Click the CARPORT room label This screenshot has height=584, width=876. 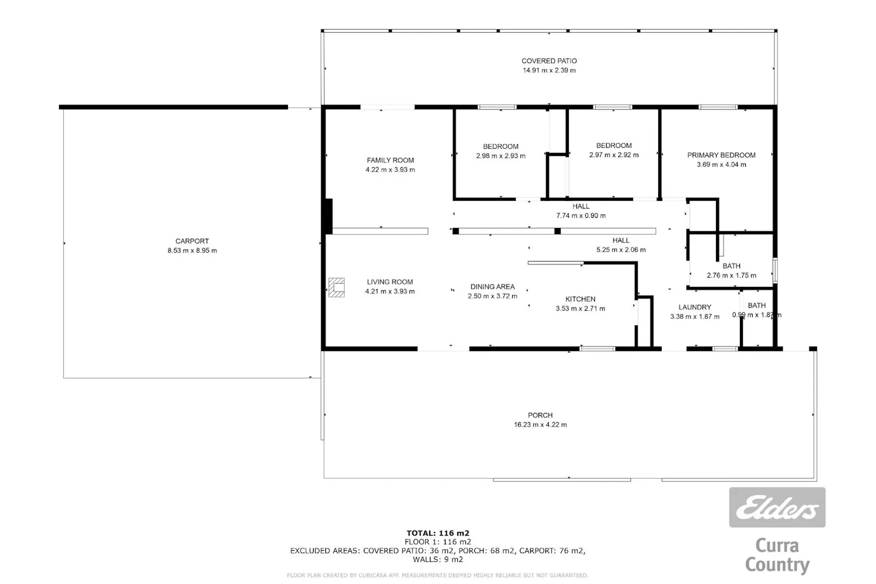192,241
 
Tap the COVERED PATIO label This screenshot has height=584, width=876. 549,61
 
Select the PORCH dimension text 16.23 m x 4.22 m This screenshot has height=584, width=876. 540,425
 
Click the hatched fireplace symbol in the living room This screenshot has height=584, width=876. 336,287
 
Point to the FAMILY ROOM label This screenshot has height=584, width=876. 390,160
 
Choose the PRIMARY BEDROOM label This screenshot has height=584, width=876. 721,155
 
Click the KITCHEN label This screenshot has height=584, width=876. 580,299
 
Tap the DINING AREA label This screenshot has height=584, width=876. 492,286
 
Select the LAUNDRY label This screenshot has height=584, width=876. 694,307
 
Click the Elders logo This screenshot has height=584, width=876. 777,507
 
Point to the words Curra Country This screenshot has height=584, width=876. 777,555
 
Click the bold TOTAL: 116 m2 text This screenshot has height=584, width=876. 438,533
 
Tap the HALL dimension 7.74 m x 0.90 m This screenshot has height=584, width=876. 580,215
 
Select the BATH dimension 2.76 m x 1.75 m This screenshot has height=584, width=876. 731,276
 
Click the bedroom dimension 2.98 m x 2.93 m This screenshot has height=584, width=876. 500,156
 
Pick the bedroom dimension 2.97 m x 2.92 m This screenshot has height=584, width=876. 614,155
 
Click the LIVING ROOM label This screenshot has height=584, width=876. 390,281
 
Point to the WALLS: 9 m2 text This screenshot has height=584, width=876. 438,559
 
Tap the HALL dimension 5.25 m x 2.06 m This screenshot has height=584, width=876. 621,249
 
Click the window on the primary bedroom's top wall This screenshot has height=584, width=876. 718,107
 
